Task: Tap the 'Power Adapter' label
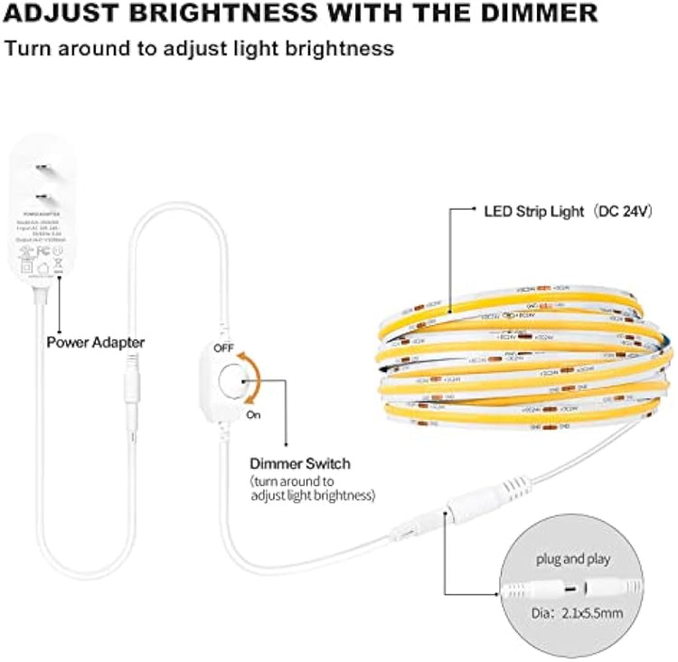95,342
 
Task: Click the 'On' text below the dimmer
255,415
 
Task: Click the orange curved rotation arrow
254,379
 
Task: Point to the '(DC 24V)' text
625,210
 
